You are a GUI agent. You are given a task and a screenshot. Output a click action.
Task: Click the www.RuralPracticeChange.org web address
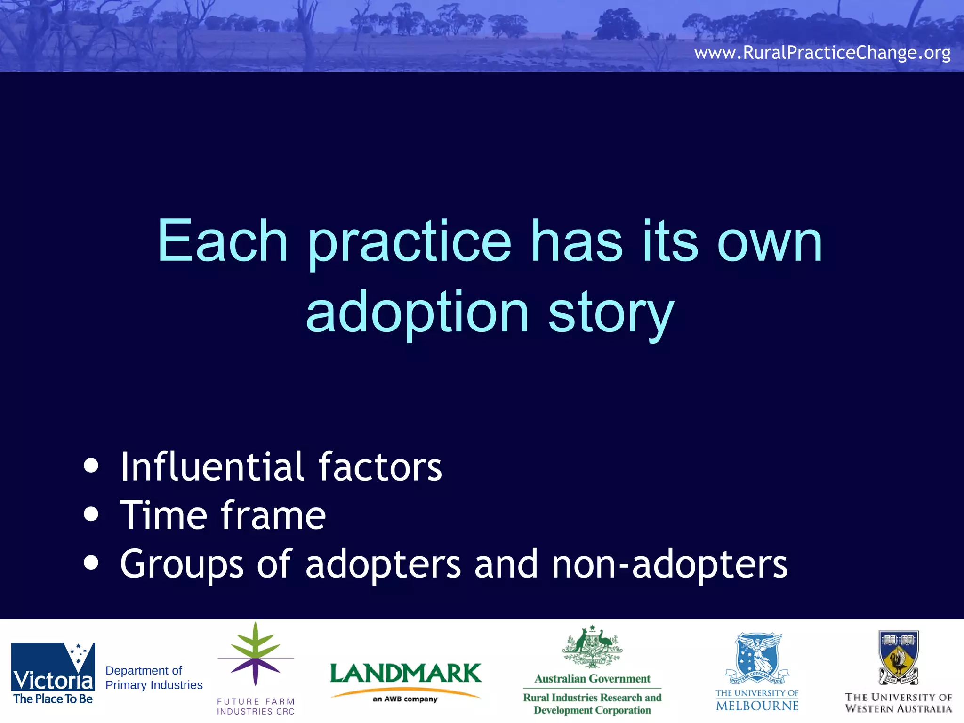pyautogui.click(x=822, y=52)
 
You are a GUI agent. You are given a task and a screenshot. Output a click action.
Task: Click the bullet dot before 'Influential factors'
pyautogui.click(x=91, y=466)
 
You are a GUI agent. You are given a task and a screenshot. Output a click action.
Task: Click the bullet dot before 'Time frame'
pyautogui.click(x=91, y=514)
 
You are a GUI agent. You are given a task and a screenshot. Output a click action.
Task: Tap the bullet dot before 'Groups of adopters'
pyautogui.click(x=91, y=562)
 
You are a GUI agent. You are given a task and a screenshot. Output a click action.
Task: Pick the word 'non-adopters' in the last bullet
pyautogui.click(x=669, y=564)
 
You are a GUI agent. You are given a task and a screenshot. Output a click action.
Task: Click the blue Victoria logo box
pyautogui.click(x=53, y=667)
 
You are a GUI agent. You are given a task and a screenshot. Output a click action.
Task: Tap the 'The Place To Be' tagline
pyautogui.click(x=53, y=699)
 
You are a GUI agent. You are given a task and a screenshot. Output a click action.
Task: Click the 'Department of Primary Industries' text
pyautogui.click(x=153, y=677)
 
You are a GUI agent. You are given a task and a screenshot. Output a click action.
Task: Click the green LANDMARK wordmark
pyautogui.click(x=405, y=673)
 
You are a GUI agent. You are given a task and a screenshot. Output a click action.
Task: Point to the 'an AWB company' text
pyautogui.click(x=405, y=699)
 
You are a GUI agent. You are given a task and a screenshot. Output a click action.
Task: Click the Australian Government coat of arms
pyautogui.click(x=592, y=647)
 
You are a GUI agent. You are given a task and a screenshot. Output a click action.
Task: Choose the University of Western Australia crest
pyautogui.click(x=898, y=657)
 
